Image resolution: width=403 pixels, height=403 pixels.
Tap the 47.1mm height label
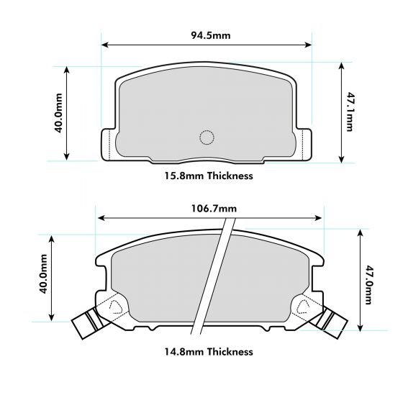tap(350, 111)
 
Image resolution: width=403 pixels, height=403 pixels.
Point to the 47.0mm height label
tap(368, 285)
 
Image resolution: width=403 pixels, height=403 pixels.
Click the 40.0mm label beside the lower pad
tap(43, 277)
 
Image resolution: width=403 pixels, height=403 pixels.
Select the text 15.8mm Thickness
tap(209, 175)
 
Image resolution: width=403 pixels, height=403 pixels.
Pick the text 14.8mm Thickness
tap(209, 352)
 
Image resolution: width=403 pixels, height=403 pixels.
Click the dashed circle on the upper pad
tap(207, 137)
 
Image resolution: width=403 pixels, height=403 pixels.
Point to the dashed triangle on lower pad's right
tap(303, 307)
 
